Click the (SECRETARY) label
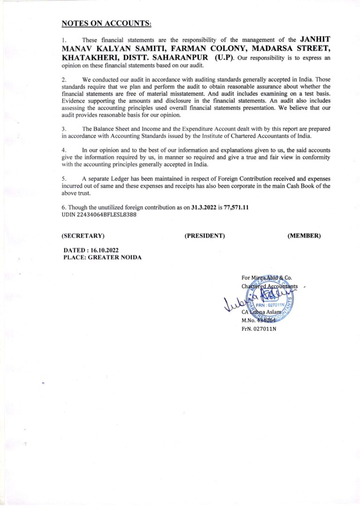pyautogui.click(x=83, y=236)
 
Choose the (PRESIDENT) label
pyautogui.click(x=205, y=236)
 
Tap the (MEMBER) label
pyautogui.click(x=304, y=236)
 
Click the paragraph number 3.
pyautogui.click(x=63, y=128)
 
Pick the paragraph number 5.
pyautogui.click(x=63, y=179)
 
